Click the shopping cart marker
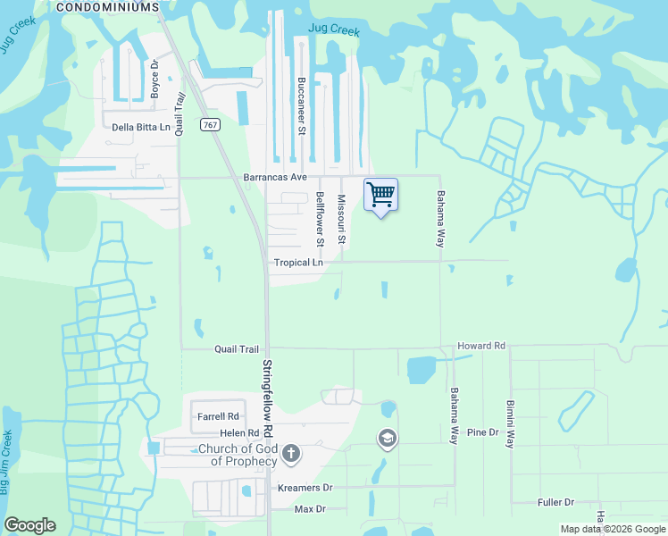pos(380,195)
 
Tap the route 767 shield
pos(210,125)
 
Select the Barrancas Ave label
pos(275,178)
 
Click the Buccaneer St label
pos(302,106)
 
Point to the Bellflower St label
pos(319,219)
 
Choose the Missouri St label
pos(341,221)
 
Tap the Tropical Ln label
pos(298,263)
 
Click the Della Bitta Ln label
pos(141,128)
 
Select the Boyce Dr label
pos(154,78)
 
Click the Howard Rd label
pos(481,346)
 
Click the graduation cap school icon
pos(388,438)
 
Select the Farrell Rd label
pos(219,416)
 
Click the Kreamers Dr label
pos(305,488)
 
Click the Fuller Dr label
pos(555,503)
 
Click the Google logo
pos(30,525)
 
